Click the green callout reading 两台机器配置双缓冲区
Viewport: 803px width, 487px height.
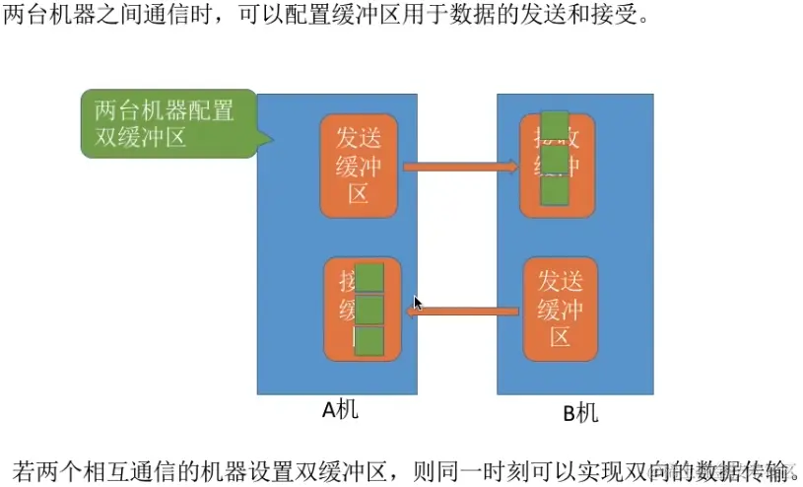(166, 123)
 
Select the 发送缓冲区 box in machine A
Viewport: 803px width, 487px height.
(359, 165)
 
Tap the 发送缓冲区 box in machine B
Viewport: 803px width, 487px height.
(561, 309)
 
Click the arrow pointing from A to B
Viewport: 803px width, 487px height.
(460, 167)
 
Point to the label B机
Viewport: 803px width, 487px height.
(580, 412)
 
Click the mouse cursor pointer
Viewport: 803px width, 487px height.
(418, 303)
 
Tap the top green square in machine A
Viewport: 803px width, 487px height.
(368, 278)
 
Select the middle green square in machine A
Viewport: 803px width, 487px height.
(368, 310)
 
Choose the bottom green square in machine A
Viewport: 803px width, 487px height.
(368, 341)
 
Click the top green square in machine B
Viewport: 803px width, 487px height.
(555, 126)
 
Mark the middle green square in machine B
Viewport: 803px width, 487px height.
(555, 159)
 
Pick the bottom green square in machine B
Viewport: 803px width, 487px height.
(555, 190)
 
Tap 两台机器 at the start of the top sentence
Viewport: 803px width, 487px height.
(51, 18)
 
